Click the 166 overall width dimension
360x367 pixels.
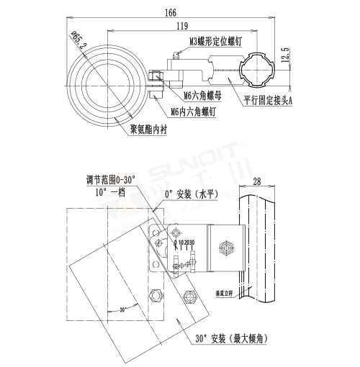pos(170,12)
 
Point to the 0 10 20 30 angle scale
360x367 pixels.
pos(185,243)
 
